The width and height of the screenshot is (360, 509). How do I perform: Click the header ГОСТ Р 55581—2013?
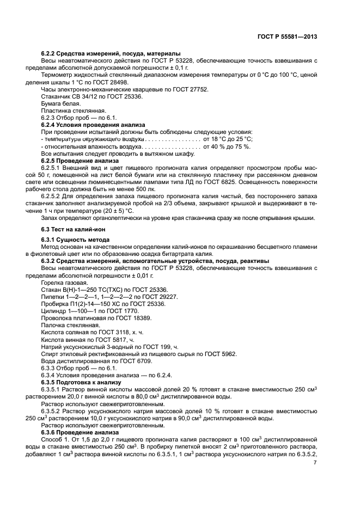(287, 36)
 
